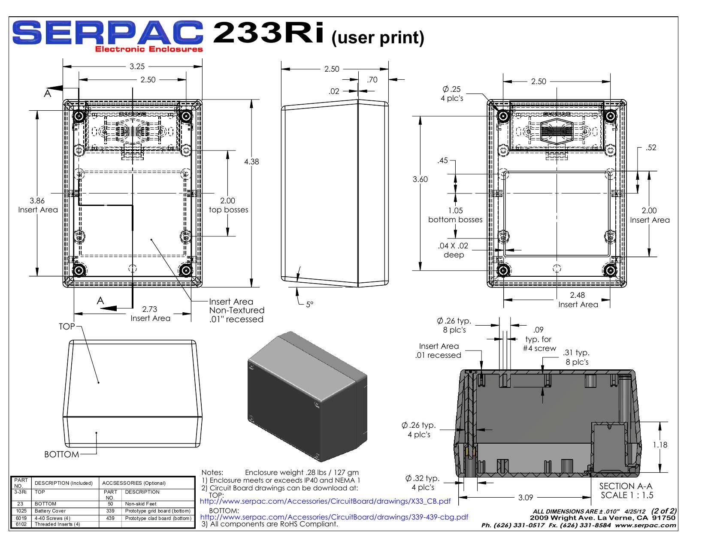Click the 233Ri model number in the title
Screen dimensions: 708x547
coord(269,33)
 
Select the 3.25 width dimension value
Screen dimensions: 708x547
coord(137,66)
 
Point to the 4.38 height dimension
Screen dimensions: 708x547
coord(251,162)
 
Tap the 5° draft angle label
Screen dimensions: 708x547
coord(309,304)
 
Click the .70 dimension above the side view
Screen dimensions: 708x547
coord(372,80)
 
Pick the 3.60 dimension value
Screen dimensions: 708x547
coord(421,179)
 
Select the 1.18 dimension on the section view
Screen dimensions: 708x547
coord(660,445)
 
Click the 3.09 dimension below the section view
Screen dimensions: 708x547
coord(526,498)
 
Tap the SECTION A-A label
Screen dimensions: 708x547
coord(626,486)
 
